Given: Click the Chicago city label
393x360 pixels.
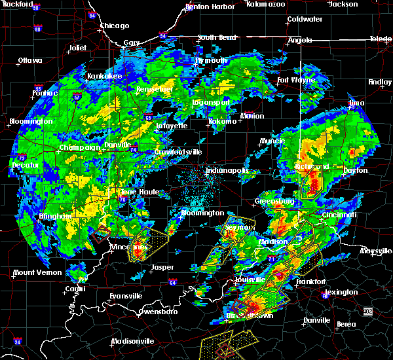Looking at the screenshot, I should (x=115, y=26).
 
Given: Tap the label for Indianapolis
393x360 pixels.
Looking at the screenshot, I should (x=227, y=171).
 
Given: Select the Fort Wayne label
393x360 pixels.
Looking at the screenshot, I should (x=295, y=81).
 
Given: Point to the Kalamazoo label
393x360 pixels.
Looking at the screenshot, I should (x=267, y=4).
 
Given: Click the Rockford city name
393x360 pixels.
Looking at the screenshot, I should (x=16, y=4).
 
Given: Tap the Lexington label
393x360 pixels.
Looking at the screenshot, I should (x=341, y=292).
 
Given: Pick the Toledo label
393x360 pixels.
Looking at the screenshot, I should (x=380, y=39).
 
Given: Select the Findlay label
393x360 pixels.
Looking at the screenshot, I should (x=380, y=82).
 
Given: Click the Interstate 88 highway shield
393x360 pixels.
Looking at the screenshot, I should (x=38, y=29).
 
